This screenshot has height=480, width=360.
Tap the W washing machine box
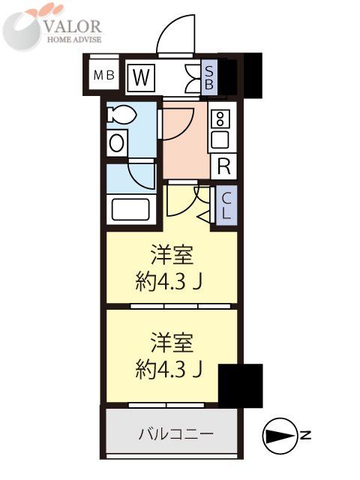coord(140,76)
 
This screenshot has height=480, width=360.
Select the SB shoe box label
coord(210,76)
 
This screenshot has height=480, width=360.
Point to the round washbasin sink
coord(117,142)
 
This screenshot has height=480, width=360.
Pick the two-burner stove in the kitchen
coord(220,118)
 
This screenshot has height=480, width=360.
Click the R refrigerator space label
coord(223,166)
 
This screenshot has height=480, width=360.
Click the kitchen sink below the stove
coord(220,139)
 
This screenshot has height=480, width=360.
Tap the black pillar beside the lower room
coord(240,383)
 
